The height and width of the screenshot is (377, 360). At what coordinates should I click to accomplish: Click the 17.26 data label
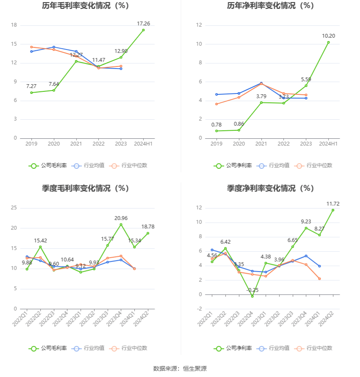coord(144,24)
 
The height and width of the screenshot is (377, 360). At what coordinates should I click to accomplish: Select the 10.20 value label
coord(329,36)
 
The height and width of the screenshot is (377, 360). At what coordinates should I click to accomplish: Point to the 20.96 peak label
coord(121,218)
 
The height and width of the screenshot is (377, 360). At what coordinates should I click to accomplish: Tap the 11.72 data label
coord(333,204)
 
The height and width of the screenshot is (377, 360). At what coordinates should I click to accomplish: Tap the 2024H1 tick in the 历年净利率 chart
coord(329,144)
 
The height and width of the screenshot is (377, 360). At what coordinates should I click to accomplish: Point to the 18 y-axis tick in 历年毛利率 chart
coord(14,25)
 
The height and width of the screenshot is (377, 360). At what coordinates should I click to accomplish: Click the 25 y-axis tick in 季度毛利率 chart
coord(14,208)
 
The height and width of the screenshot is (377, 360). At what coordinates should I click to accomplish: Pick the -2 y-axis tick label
coord(199,309)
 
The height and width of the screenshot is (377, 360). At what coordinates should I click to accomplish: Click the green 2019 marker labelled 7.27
coord(31,93)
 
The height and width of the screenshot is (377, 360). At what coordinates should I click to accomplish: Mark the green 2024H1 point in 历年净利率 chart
coord(329,42)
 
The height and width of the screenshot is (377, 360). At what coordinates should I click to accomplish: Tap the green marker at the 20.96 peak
coord(121,224)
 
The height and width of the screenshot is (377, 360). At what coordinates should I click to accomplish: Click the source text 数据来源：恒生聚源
coord(180,369)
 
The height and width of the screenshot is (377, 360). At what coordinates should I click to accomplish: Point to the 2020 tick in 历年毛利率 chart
coord(54,144)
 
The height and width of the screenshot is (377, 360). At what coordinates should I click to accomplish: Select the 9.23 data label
coord(306,221)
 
